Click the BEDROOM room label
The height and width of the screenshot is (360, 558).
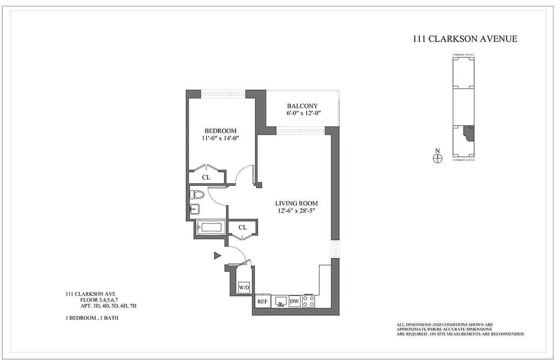pyautogui.click(x=220, y=130)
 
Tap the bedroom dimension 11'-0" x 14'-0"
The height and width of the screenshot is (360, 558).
pyautogui.click(x=220, y=139)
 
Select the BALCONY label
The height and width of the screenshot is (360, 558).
pyautogui.click(x=302, y=106)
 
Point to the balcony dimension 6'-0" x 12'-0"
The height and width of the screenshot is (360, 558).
pyautogui.click(x=302, y=113)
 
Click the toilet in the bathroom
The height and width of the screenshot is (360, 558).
pyautogui.click(x=196, y=194)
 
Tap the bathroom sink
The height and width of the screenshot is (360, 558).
pyautogui.click(x=194, y=209)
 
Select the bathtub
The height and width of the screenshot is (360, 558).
pyautogui.click(x=211, y=227)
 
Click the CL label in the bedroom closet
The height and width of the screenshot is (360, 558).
pyautogui.click(x=206, y=177)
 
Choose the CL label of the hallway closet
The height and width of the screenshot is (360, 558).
pyautogui.click(x=243, y=227)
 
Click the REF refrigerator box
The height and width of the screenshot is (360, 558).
pyautogui.click(x=262, y=301)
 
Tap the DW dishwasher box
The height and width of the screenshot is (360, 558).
pyautogui.click(x=295, y=301)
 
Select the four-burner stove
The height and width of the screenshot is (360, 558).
pyautogui.click(x=308, y=301)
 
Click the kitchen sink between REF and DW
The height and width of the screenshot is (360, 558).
pyautogui.click(x=281, y=301)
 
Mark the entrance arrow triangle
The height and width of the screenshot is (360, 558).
pyautogui.click(x=217, y=256)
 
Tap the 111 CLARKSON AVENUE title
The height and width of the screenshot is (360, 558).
pyautogui.click(x=465, y=39)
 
